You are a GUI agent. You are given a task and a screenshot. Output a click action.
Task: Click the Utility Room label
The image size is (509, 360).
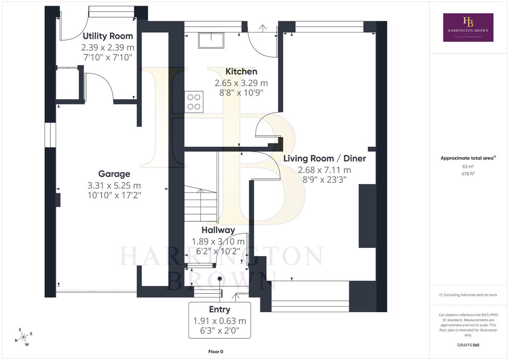108,36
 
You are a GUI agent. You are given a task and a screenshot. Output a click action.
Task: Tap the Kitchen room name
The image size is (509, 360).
241,72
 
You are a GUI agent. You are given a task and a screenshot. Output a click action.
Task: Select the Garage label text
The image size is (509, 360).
114,174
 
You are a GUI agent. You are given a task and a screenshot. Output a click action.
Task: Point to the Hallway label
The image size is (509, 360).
218,230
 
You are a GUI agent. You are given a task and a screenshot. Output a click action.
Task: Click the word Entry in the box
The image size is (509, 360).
220,310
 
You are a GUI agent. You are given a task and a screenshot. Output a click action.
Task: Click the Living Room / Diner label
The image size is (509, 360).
324,159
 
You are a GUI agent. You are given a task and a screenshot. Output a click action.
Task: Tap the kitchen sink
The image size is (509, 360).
211,40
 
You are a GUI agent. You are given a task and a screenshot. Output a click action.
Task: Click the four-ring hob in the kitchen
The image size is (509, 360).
194,102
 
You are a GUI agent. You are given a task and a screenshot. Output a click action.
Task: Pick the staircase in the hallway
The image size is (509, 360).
200,203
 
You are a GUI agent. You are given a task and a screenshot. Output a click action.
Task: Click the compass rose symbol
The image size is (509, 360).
24,337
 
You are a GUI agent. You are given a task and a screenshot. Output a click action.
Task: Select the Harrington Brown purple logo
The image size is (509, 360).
468,27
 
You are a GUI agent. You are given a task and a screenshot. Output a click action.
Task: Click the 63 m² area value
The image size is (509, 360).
468,167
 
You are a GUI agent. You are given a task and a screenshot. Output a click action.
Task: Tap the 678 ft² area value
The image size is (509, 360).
468,174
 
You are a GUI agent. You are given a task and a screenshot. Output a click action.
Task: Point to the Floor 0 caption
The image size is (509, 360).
215,352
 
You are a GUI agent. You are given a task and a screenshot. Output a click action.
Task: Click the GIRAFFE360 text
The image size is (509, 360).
468,345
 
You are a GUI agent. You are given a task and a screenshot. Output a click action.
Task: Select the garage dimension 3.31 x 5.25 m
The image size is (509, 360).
114,186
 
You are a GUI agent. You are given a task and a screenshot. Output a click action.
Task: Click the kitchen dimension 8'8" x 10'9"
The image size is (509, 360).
241,93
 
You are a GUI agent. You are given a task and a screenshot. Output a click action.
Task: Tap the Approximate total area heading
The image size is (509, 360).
468,158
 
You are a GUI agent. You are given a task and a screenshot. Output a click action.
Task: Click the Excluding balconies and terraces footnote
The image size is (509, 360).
468,295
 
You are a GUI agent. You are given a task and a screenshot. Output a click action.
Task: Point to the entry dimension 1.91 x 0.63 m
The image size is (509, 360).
220,321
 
